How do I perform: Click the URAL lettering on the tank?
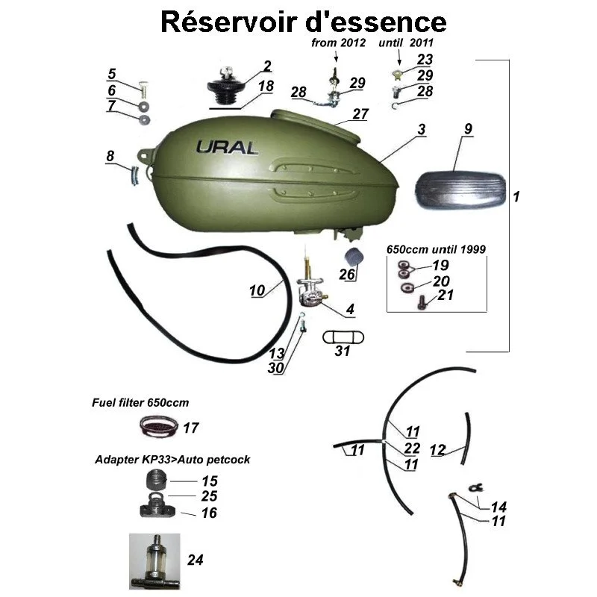[x=227, y=146]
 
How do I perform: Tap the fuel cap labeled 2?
[x=225, y=87]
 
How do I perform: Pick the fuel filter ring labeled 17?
[x=160, y=428]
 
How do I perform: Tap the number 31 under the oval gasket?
[x=342, y=351]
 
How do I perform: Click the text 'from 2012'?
[x=338, y=43]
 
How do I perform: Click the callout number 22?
[x=413, y=447]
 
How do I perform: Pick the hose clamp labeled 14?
[x=475, y=487]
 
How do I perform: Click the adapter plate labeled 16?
[x=161, y=511]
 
